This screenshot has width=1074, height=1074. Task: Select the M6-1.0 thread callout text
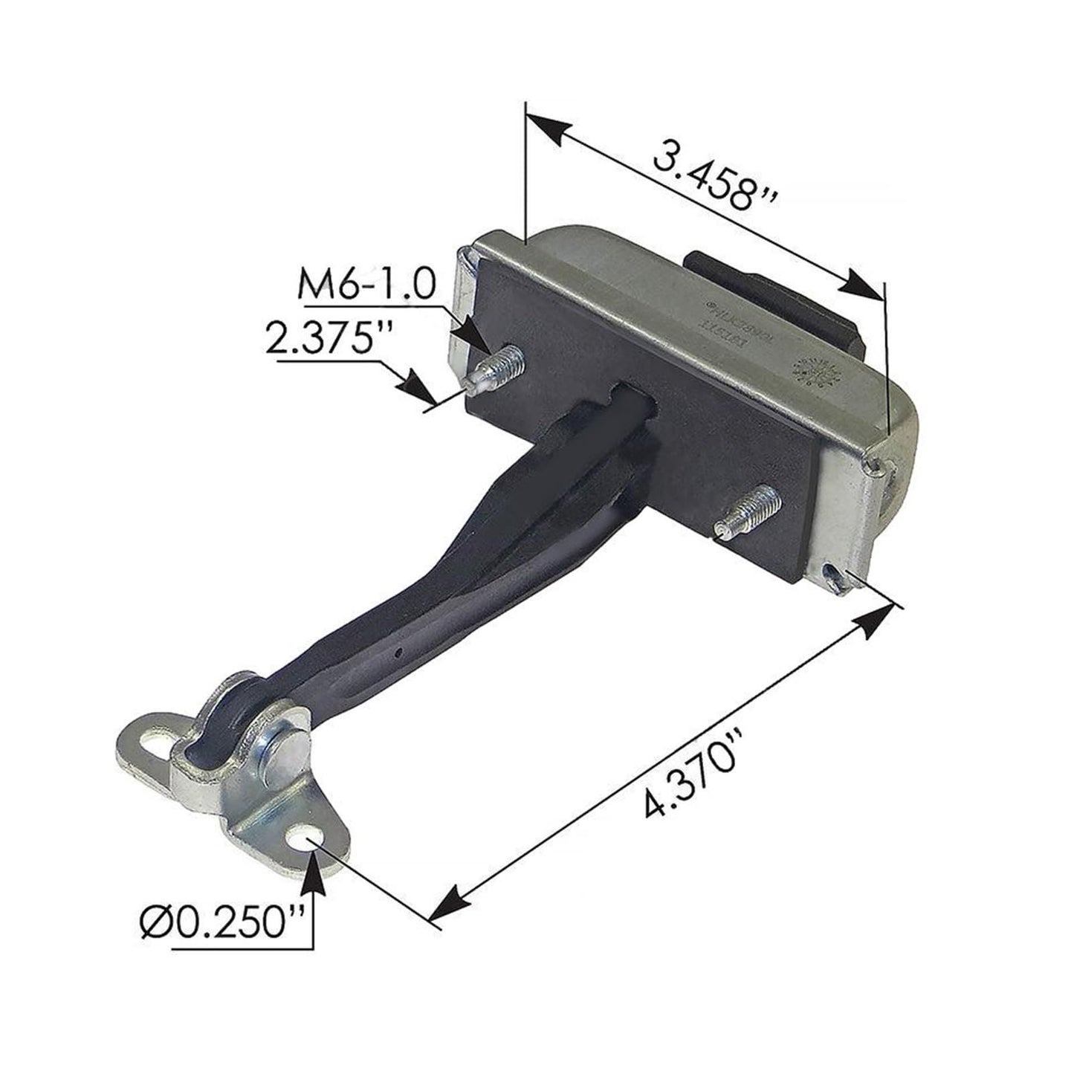click(x=365, y=285)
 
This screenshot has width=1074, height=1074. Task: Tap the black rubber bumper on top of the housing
click(x=773, y=298)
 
